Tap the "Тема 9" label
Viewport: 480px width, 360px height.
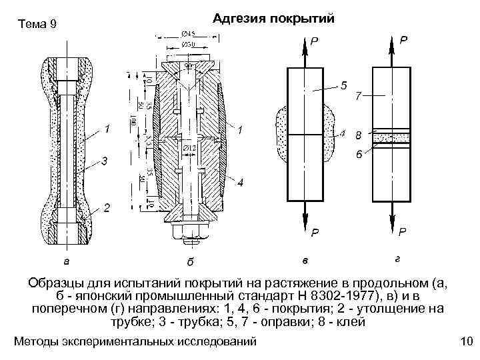37,25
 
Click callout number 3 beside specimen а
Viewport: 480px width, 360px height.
103,161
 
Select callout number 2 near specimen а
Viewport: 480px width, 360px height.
105,208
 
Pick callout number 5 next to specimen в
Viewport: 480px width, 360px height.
343,85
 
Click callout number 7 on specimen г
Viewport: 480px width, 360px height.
359,97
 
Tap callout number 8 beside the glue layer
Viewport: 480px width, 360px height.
359,137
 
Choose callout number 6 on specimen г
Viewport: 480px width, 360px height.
359,155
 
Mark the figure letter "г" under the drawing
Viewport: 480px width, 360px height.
397,257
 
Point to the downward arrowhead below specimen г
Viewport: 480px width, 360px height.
393,223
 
